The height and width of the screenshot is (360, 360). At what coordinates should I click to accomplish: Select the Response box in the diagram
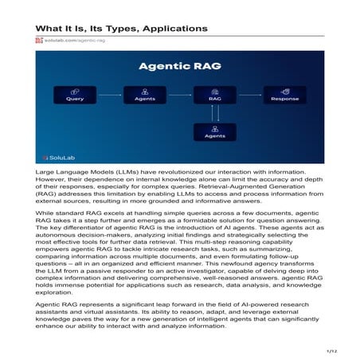click(x=284, y=99)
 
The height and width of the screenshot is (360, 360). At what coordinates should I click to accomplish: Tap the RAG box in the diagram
click(x=214, y=99)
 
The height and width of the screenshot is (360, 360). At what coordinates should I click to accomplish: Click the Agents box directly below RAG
click(x=214, y=136)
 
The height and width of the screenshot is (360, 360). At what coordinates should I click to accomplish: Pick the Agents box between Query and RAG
click(x=144, y=99)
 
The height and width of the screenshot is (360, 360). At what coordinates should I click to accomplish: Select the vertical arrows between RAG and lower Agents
click(x=214, y=117)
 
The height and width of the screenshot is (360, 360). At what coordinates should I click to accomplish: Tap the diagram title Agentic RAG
click(x=181, y=68)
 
